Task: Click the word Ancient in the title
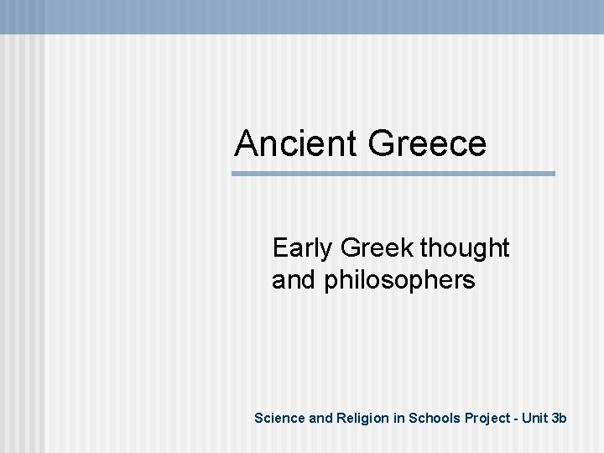[x=296, y=143]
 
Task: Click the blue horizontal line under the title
[x=393, y=174]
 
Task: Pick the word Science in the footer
[x=279, y=418]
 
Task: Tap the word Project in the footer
[x=486, y=418]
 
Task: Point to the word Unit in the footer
[x=535, y=418]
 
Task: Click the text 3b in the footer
[x=560, y=418]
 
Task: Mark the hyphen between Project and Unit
[x=515, y=419]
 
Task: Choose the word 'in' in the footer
[x=398, y=418]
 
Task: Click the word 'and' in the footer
[x=321, y=418]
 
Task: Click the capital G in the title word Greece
[x=382, y=143]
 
